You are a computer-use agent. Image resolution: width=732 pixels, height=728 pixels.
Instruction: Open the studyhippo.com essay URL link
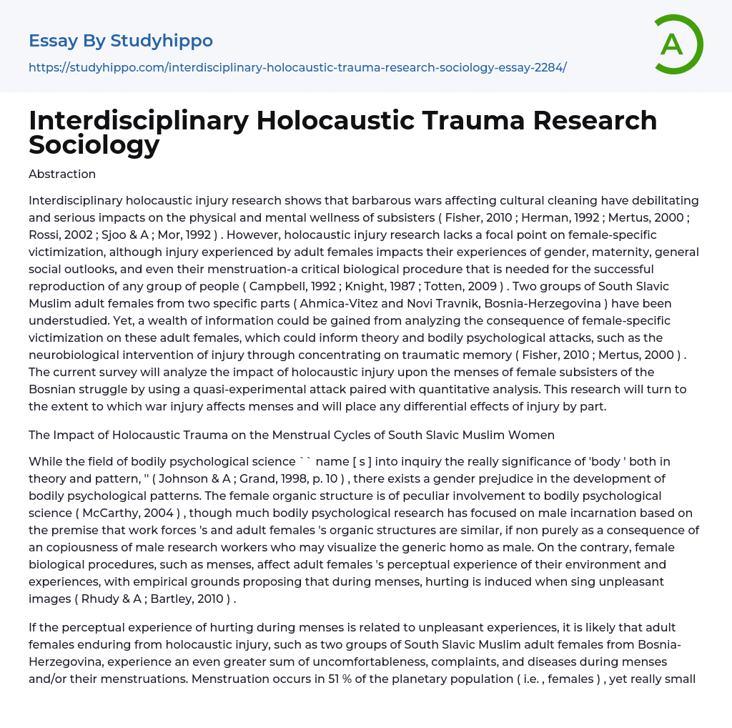297,67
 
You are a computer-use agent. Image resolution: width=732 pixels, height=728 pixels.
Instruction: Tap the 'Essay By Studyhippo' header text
121,41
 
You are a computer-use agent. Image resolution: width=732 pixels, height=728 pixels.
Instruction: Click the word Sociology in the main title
94,144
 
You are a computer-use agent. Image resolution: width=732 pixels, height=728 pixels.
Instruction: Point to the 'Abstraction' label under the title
62,174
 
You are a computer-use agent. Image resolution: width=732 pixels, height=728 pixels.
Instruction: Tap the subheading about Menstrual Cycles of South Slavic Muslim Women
292,435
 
